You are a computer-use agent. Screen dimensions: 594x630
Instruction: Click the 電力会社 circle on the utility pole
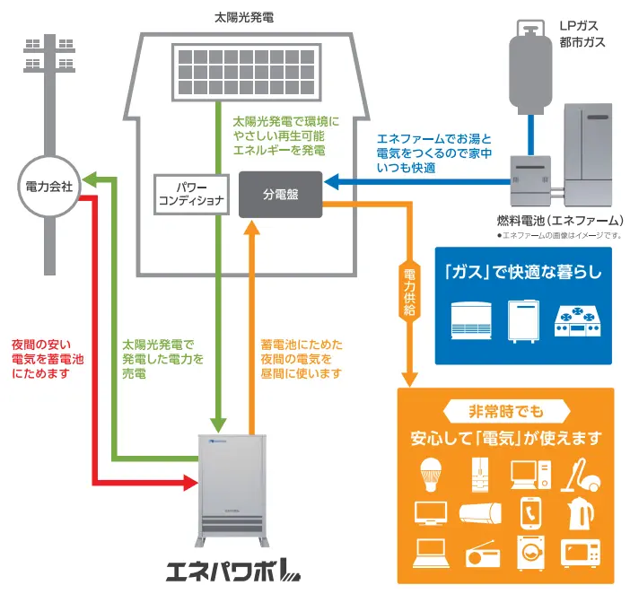tap(49, 188)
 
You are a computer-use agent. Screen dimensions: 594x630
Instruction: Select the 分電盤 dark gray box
tap(279, 194)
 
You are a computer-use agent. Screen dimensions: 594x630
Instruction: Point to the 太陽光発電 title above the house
tap(245, 16)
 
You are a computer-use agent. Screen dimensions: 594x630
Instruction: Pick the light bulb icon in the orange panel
tap(430, 474)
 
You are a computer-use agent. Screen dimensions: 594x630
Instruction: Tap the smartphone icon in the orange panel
tap(529, 512)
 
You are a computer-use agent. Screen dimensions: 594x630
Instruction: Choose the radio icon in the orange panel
tap(479, 554)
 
